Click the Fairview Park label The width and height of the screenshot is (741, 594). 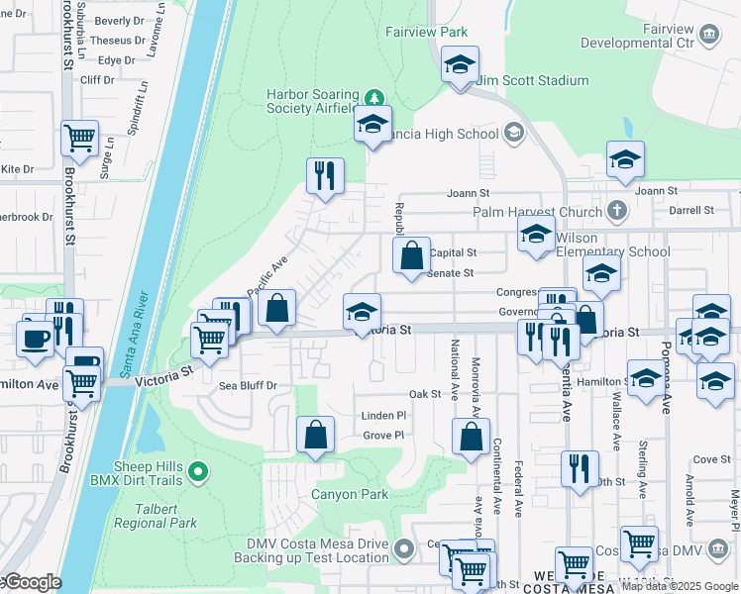coord(426,32)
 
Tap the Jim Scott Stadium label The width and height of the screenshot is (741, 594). coord(532,80)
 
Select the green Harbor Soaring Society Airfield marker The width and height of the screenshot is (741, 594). coord(373,97)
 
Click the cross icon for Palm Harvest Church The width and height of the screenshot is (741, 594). coord(616,211)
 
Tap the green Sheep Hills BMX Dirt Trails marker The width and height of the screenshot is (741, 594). coord(198,473)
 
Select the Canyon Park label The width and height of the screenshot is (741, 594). coord(350,494)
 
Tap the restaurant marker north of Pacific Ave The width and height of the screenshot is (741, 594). coord(325,176)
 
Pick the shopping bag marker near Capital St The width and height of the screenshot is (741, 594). coord(411,255)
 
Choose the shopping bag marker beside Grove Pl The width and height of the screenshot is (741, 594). coord(315,434)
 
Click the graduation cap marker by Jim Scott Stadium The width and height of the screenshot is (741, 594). coord(460,65)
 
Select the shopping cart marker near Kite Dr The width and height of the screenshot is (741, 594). coord(79,139)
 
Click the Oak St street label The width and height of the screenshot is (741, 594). coord(424,394)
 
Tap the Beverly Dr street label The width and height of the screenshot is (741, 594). coord(120,21)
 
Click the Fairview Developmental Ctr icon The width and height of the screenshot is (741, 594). coord(709,36)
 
